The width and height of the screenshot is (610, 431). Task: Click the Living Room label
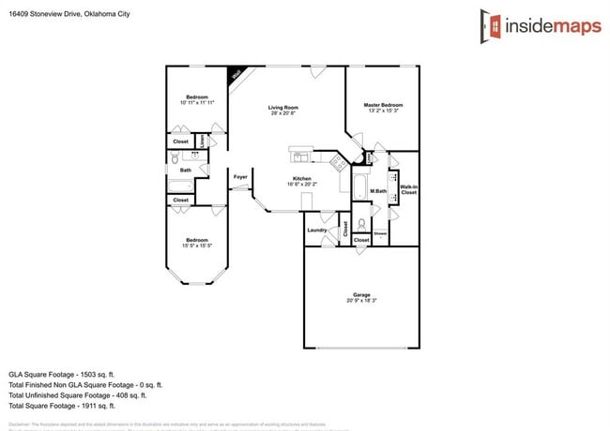[282, 108]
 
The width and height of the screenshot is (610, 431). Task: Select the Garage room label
[361, 294]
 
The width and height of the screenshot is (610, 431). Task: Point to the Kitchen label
[301, 179]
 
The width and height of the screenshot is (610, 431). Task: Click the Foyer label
[240, 175]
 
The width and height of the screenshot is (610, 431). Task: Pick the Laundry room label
[316, 230]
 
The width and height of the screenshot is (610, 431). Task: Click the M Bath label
[379, 191]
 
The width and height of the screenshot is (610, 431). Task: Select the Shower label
[380, 232]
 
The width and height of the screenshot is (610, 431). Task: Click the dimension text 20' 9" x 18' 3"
[361, 301]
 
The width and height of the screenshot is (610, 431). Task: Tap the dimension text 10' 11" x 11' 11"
[196, 102]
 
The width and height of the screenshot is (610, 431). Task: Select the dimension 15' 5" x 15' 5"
[196, 246]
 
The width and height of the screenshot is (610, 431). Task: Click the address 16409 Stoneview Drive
[51, 13]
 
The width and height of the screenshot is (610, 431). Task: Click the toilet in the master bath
[361, 225]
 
